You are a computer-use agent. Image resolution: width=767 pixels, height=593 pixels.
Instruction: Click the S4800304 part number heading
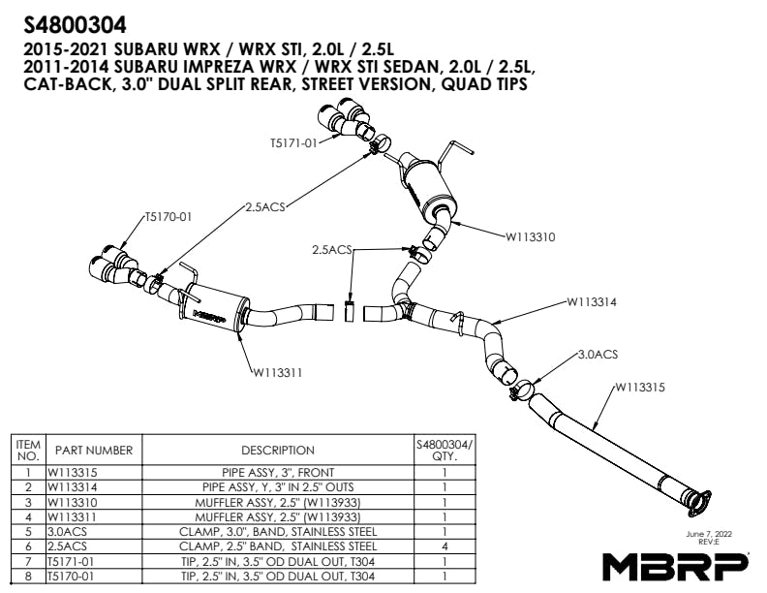(x=74, y=22)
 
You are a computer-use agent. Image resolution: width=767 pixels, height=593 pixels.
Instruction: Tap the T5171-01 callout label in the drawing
(x=292, y=143)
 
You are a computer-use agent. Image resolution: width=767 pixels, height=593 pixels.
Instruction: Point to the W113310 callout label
(x=531, y=234)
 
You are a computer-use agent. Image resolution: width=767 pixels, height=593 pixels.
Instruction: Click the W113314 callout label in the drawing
(x=592, y=301)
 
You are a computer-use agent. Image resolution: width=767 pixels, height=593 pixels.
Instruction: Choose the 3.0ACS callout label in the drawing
(x=597, y=355)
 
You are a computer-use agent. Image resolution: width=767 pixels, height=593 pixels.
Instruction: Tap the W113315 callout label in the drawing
(x=638, y=388)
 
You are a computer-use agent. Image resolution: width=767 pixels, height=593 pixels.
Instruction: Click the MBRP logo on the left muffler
(x=209, y=314)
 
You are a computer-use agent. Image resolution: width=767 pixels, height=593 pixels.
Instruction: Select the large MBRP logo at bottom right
(x=676, y=564)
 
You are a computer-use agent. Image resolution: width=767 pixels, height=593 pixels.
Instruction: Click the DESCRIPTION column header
(x=278, y=450)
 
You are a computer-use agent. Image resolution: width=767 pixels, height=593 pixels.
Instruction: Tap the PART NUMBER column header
(x=93, y=450)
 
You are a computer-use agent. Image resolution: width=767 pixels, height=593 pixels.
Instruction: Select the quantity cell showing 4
(x=444, y=546)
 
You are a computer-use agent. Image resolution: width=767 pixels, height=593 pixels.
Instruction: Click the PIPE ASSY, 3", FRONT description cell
(x=278, y=474)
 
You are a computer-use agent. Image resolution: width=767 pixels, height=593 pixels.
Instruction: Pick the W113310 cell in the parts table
(x=76, y=503)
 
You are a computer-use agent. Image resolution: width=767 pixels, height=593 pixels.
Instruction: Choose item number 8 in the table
(x=27, y=576)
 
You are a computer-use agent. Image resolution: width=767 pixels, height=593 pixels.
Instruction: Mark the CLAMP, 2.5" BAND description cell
(x=278, y=546)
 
